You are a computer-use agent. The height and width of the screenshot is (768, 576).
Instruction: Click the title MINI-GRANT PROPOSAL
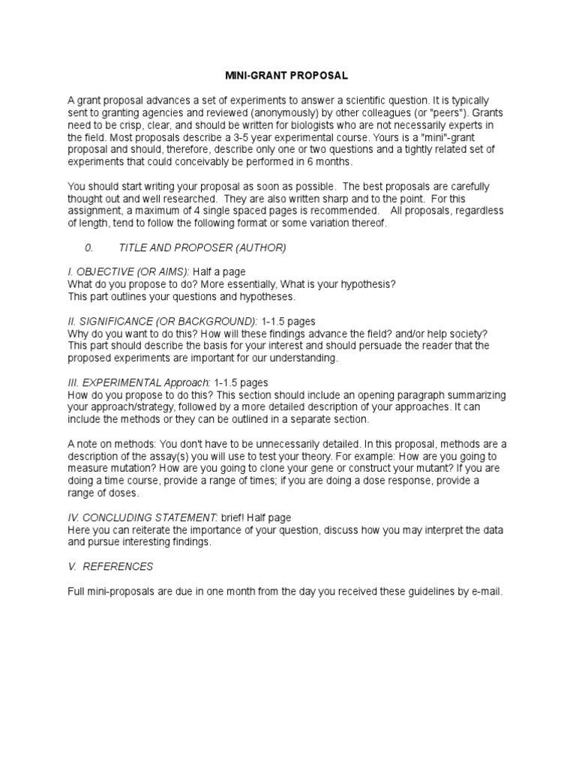[288, 76]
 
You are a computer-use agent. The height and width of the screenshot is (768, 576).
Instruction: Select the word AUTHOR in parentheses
[255, 247]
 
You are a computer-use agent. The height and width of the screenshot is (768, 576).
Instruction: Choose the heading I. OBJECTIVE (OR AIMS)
[127, 271]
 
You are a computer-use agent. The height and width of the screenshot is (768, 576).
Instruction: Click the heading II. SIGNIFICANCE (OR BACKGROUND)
[163, 320]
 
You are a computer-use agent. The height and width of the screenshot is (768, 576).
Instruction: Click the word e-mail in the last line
[485, 592]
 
